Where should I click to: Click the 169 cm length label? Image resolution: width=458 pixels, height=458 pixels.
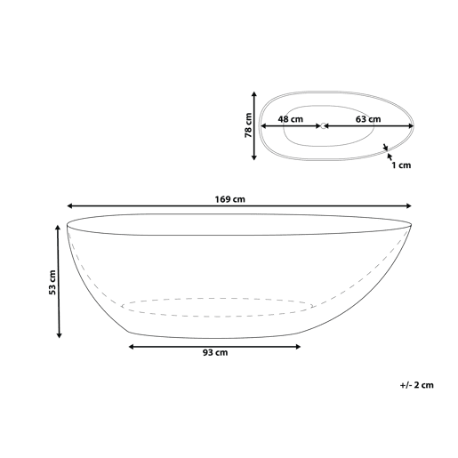click(230, 199)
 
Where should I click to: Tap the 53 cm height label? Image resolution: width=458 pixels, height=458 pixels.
click(52, 282)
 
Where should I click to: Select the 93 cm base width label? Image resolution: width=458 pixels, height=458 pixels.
click(215, 352)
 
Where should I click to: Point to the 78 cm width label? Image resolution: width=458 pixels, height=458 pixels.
click(248, 125)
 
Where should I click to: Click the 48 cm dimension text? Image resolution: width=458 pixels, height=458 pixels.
click(291, 119)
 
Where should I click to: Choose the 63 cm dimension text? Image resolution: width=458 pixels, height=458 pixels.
click(368, 119)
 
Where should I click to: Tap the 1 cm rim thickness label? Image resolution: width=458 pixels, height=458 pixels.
click(401, 165)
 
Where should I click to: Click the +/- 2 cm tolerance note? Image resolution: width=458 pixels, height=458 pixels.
click(416, 385)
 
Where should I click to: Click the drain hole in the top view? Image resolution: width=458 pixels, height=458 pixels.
click(323, 126)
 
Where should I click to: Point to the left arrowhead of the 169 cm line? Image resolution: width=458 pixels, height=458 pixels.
click(70, 205)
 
